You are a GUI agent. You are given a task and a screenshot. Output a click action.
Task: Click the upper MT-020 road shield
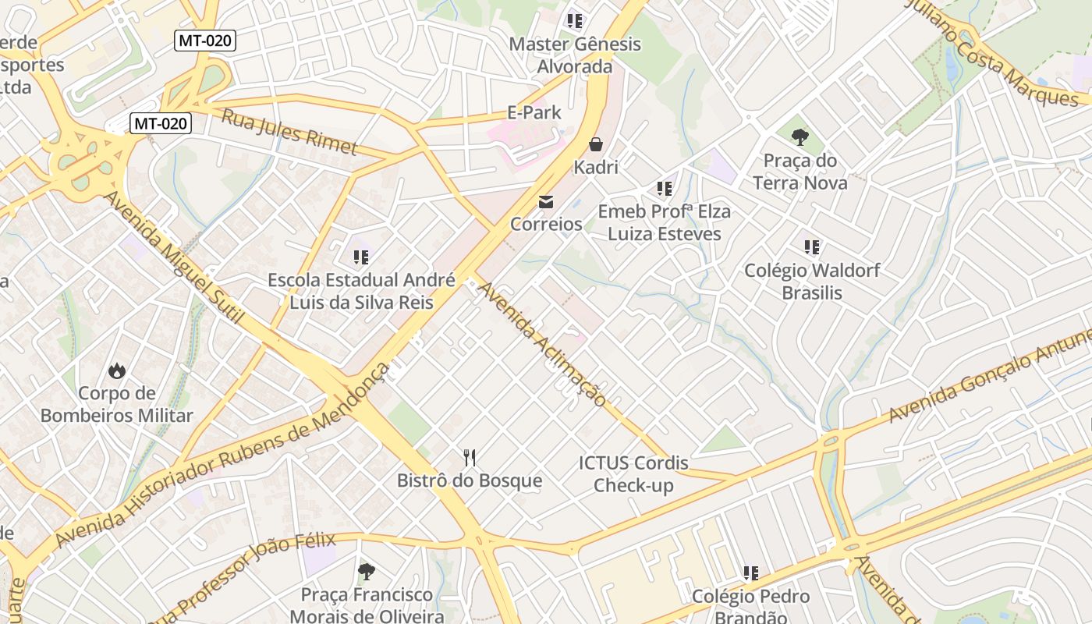pos(205,41)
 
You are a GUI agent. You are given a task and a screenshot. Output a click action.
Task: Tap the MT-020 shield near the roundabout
pos(161,122)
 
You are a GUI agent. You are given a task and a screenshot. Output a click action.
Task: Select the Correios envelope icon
pos(546,202)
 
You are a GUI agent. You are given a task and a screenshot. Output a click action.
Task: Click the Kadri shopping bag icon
pos(596,144)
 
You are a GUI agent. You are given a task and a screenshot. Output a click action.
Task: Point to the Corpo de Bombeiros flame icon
pos(117,370)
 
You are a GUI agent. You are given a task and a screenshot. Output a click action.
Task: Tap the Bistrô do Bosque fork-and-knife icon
pos(470,458)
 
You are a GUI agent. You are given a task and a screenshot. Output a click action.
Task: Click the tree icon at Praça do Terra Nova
pos(799,138)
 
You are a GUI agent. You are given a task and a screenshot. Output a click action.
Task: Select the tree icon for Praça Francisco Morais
pos(366,573)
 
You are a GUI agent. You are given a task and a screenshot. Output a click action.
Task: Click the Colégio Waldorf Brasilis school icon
pos(812,247)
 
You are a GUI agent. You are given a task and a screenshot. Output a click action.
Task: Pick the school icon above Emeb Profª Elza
pos(665,189)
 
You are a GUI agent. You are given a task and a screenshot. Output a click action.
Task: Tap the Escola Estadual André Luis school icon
pos(361,257)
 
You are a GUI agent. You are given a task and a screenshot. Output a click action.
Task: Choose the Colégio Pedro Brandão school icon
pos(751,574)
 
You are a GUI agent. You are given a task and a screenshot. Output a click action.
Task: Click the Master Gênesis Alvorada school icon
pos(575,21)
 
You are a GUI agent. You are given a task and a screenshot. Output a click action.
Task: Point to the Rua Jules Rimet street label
pos(289,132)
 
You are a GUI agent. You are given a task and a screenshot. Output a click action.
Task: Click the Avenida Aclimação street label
pos(541,344)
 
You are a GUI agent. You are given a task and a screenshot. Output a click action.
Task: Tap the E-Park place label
pos(534,112)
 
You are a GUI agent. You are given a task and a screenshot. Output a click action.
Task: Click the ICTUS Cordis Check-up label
pos(633,474)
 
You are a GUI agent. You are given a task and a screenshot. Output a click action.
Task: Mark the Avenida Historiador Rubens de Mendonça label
pos(222,456)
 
